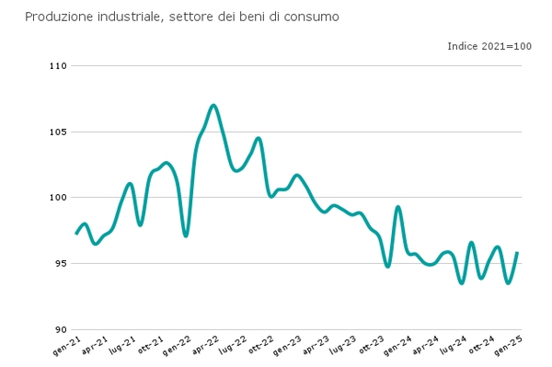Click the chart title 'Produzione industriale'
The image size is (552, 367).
tap(181, 17)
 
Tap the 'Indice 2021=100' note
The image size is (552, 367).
tap(489, 46)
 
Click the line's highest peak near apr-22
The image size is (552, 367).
tap(213, 105)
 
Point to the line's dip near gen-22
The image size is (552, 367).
tap(186, 236)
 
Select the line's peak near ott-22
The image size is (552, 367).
tap(259, 138)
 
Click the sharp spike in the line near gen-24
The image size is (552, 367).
tap(397, 207)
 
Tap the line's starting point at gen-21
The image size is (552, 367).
tap(76, 234)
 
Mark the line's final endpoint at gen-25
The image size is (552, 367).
tap(518, 253)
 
